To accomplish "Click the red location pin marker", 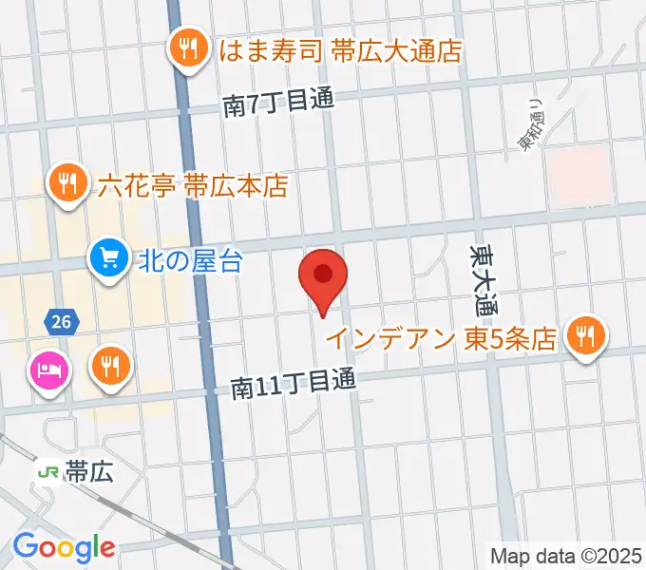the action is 323,277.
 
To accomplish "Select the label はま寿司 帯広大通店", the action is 340,50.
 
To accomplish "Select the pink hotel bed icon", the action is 47,368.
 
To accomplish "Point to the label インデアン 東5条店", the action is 441,338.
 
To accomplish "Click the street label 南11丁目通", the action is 294,383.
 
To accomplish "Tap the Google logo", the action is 64,547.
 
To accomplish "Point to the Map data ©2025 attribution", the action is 566,554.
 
